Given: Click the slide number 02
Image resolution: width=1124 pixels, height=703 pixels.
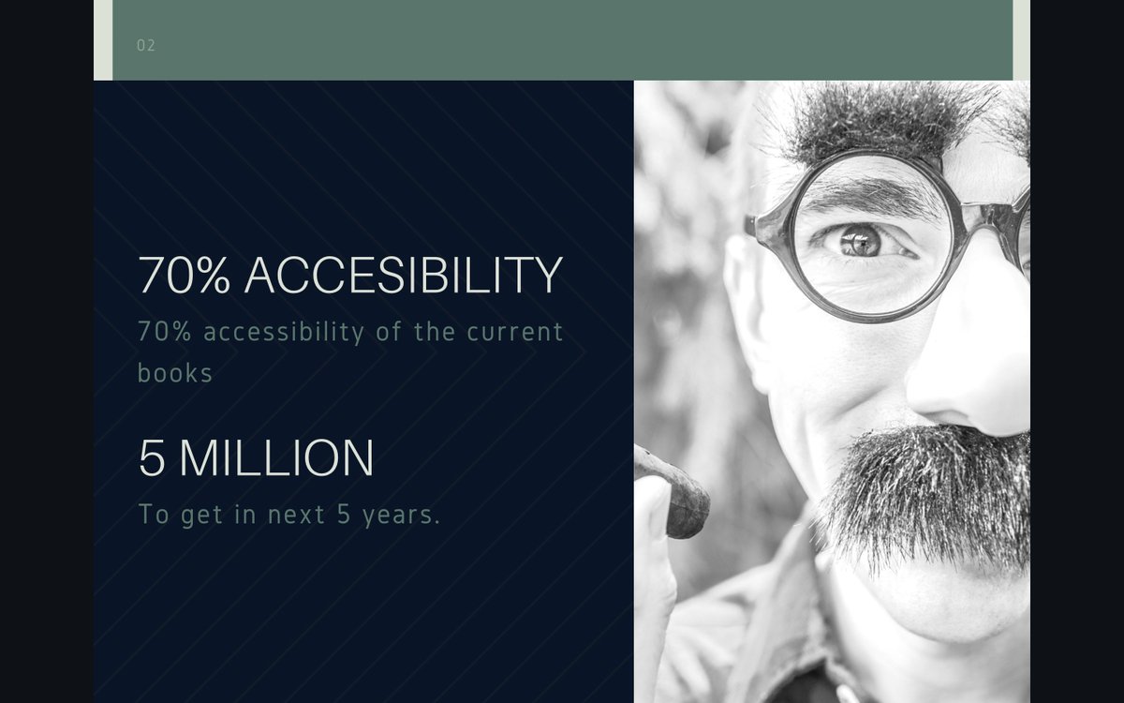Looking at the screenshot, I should click(146, 45).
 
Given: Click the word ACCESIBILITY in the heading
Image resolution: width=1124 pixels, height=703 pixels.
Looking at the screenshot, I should click(404, 276).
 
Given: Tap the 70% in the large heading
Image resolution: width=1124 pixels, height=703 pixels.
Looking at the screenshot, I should click(184, 276).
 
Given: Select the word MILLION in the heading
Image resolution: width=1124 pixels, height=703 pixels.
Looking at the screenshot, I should click(276, 458).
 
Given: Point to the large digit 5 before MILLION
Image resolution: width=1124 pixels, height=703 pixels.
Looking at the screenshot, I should click(152, 458).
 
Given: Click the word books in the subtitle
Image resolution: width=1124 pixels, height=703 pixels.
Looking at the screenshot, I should click(175, 373).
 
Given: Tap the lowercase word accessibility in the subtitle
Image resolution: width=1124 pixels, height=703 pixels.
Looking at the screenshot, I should click(284, 332).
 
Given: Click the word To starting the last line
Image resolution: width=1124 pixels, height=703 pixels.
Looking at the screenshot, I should click(155, 515).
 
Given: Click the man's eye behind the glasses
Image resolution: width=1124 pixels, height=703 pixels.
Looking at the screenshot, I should click(860, 241).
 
